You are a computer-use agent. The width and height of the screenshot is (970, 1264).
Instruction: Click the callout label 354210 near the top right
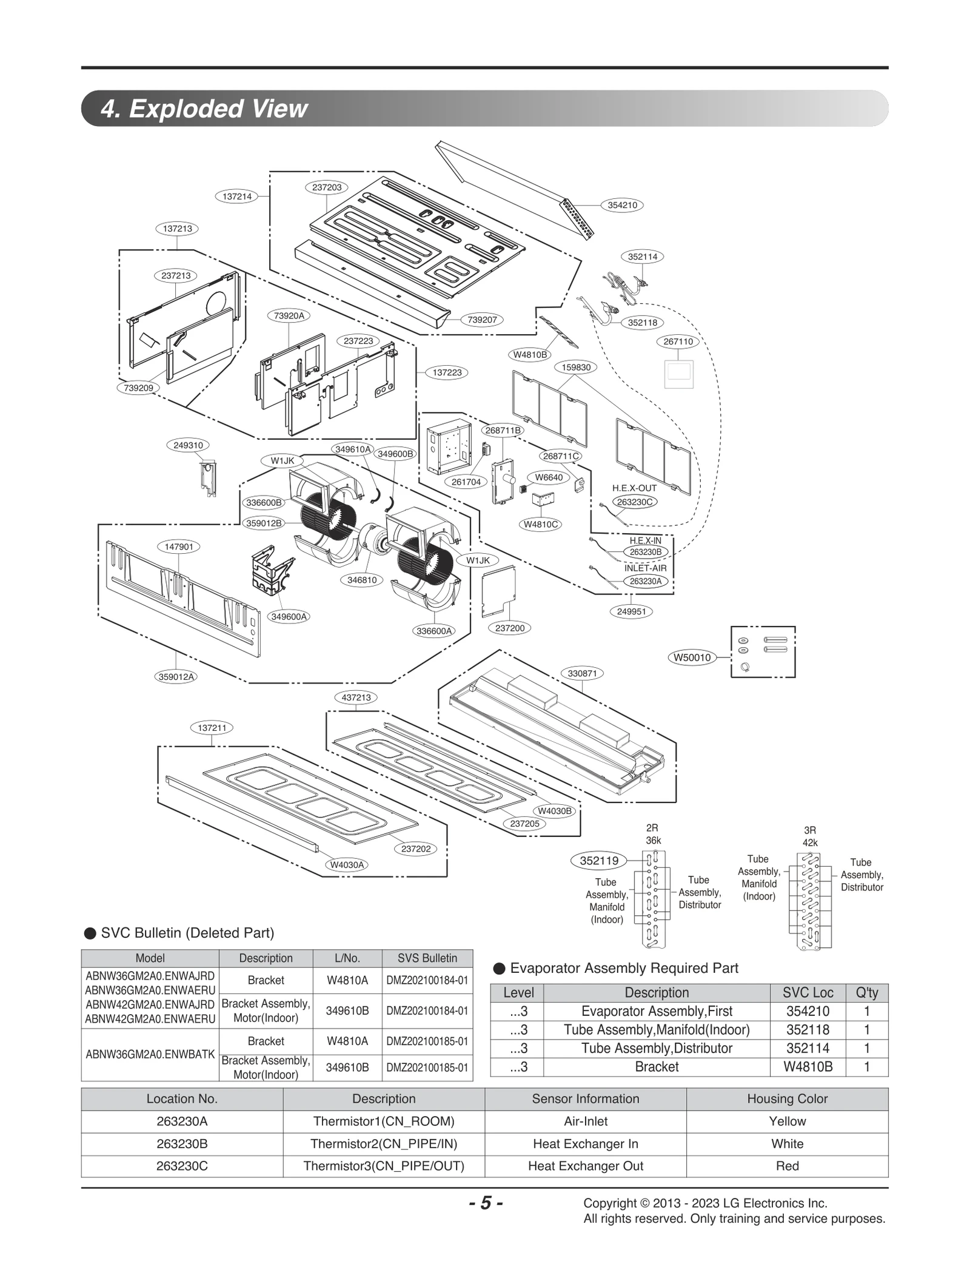point(622,205)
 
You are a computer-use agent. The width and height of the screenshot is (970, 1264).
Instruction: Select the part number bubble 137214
point(237,197)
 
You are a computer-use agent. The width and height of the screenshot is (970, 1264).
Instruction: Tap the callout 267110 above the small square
point(678,341)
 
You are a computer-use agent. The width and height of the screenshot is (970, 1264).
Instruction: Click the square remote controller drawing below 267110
point(678,374)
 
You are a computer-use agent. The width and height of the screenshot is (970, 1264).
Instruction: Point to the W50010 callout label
point(692,657)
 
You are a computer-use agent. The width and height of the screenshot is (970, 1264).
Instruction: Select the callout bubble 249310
point(188,445)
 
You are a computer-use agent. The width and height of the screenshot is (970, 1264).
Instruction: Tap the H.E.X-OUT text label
point(634,488)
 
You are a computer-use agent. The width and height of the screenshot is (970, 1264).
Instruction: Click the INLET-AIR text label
point(645,568)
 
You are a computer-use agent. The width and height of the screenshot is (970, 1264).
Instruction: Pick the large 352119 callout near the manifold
point(599,860)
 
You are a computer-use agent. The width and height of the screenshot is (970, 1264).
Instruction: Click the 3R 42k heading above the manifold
point(810,836)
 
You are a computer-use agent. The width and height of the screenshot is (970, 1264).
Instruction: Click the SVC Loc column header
point(808,993)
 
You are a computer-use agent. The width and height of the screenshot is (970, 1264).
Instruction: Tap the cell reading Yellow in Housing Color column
point(787,1121)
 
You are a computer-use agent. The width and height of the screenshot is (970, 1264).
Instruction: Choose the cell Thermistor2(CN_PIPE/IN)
point(383,1144)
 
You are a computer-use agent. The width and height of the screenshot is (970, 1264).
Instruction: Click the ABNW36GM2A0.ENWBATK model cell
point(150,1054)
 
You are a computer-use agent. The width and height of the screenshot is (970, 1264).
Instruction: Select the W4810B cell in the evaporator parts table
point(808,1067)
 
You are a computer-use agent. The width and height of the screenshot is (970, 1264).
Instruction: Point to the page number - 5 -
point(485,1203)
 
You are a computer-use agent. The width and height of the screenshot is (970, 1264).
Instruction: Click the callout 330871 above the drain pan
point(582,673)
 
